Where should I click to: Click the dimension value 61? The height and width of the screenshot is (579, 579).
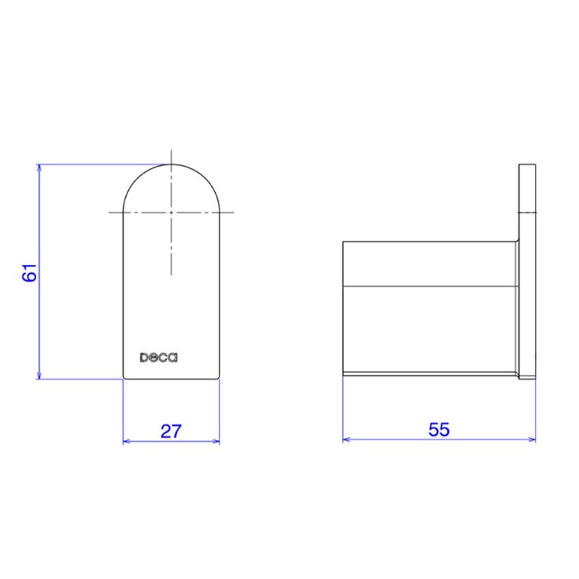(30, 273)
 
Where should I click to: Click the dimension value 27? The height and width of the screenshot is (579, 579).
(171, 431)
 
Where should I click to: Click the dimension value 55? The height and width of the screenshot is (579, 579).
(439, 429)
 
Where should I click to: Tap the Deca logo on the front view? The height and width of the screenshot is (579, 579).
(159, 358)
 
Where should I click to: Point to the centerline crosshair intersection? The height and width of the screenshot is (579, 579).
(171, 212)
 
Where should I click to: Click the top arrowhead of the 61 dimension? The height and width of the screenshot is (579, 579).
(39, 168)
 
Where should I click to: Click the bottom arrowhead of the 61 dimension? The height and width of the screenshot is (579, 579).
(39, 375)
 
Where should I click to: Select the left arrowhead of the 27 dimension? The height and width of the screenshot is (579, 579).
(127, 441)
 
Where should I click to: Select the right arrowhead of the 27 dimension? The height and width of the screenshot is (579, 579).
(216, 441)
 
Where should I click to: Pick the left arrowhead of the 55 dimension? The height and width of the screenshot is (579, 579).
(347, 439)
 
